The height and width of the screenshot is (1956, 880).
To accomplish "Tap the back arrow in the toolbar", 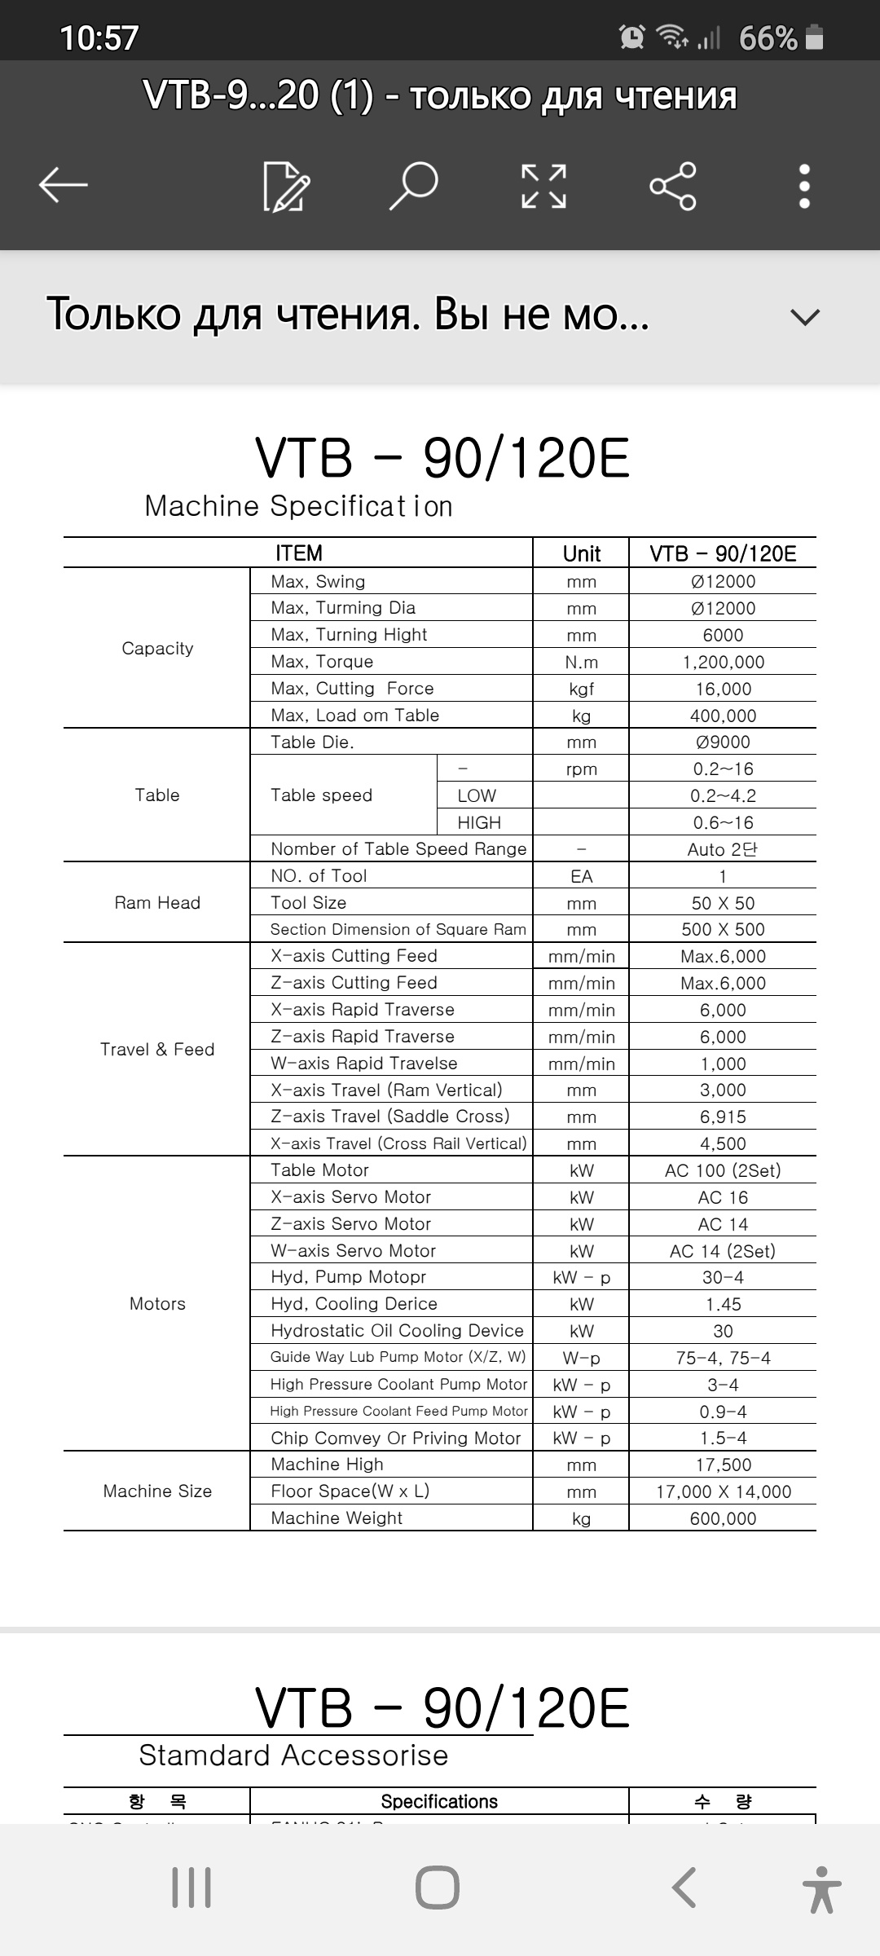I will [x=63, y=185].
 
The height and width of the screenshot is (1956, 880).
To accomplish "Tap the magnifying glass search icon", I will [x=414, y=186].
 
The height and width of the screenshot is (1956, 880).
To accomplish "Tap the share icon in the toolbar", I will [x=673, y=186].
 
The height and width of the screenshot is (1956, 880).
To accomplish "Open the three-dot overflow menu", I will [x=804, y=186].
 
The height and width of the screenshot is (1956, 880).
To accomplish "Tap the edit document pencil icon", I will [x=286, y=187].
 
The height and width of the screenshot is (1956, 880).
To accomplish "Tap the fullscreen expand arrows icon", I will [x=543, y=186].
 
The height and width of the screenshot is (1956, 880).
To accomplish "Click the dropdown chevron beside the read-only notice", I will [x=804, y=317].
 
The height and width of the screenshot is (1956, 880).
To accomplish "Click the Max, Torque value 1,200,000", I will [x=723, y=662].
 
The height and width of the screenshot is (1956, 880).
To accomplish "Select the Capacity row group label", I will [x=157, y=648].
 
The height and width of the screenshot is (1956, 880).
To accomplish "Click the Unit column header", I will [x=581, y=553].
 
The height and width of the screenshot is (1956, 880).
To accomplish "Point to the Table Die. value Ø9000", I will [x=723, y=742].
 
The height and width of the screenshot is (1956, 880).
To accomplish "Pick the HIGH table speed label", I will [x=479, y=822].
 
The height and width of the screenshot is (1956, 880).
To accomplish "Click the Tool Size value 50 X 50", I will [x=723, y=903].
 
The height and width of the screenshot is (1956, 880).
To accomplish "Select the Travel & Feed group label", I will [x=157, y=1049].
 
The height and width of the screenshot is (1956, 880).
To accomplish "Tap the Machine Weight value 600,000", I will [x=723, y=1518].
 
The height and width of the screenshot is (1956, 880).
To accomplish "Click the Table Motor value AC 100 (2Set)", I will [x=723, y=1170].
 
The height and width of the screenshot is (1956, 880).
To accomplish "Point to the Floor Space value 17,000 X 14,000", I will [x=723, y=1491].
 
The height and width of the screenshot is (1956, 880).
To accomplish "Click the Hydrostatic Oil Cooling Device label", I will [x=397, y=1331].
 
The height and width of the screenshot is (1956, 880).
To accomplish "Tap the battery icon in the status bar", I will [x=814, y=37].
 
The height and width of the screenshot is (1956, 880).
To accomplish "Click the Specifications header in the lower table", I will [x=439, y=1801].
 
